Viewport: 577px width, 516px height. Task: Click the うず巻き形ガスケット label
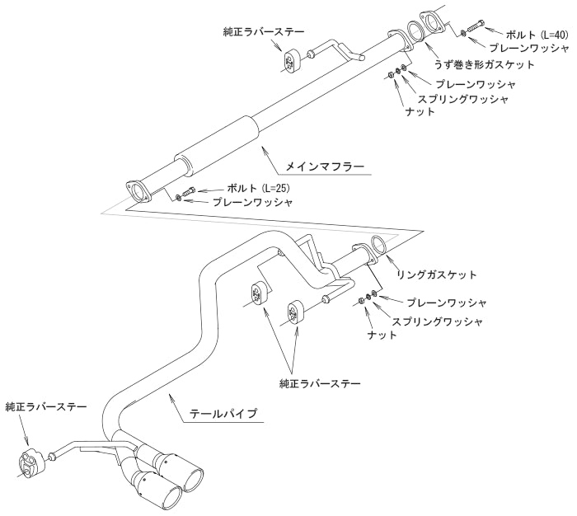484,65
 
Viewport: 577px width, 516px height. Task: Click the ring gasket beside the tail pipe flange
381,246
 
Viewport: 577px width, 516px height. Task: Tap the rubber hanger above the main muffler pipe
288,61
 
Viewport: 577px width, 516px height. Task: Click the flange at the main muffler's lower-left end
138,190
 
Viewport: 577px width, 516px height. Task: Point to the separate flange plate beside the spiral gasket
434,21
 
